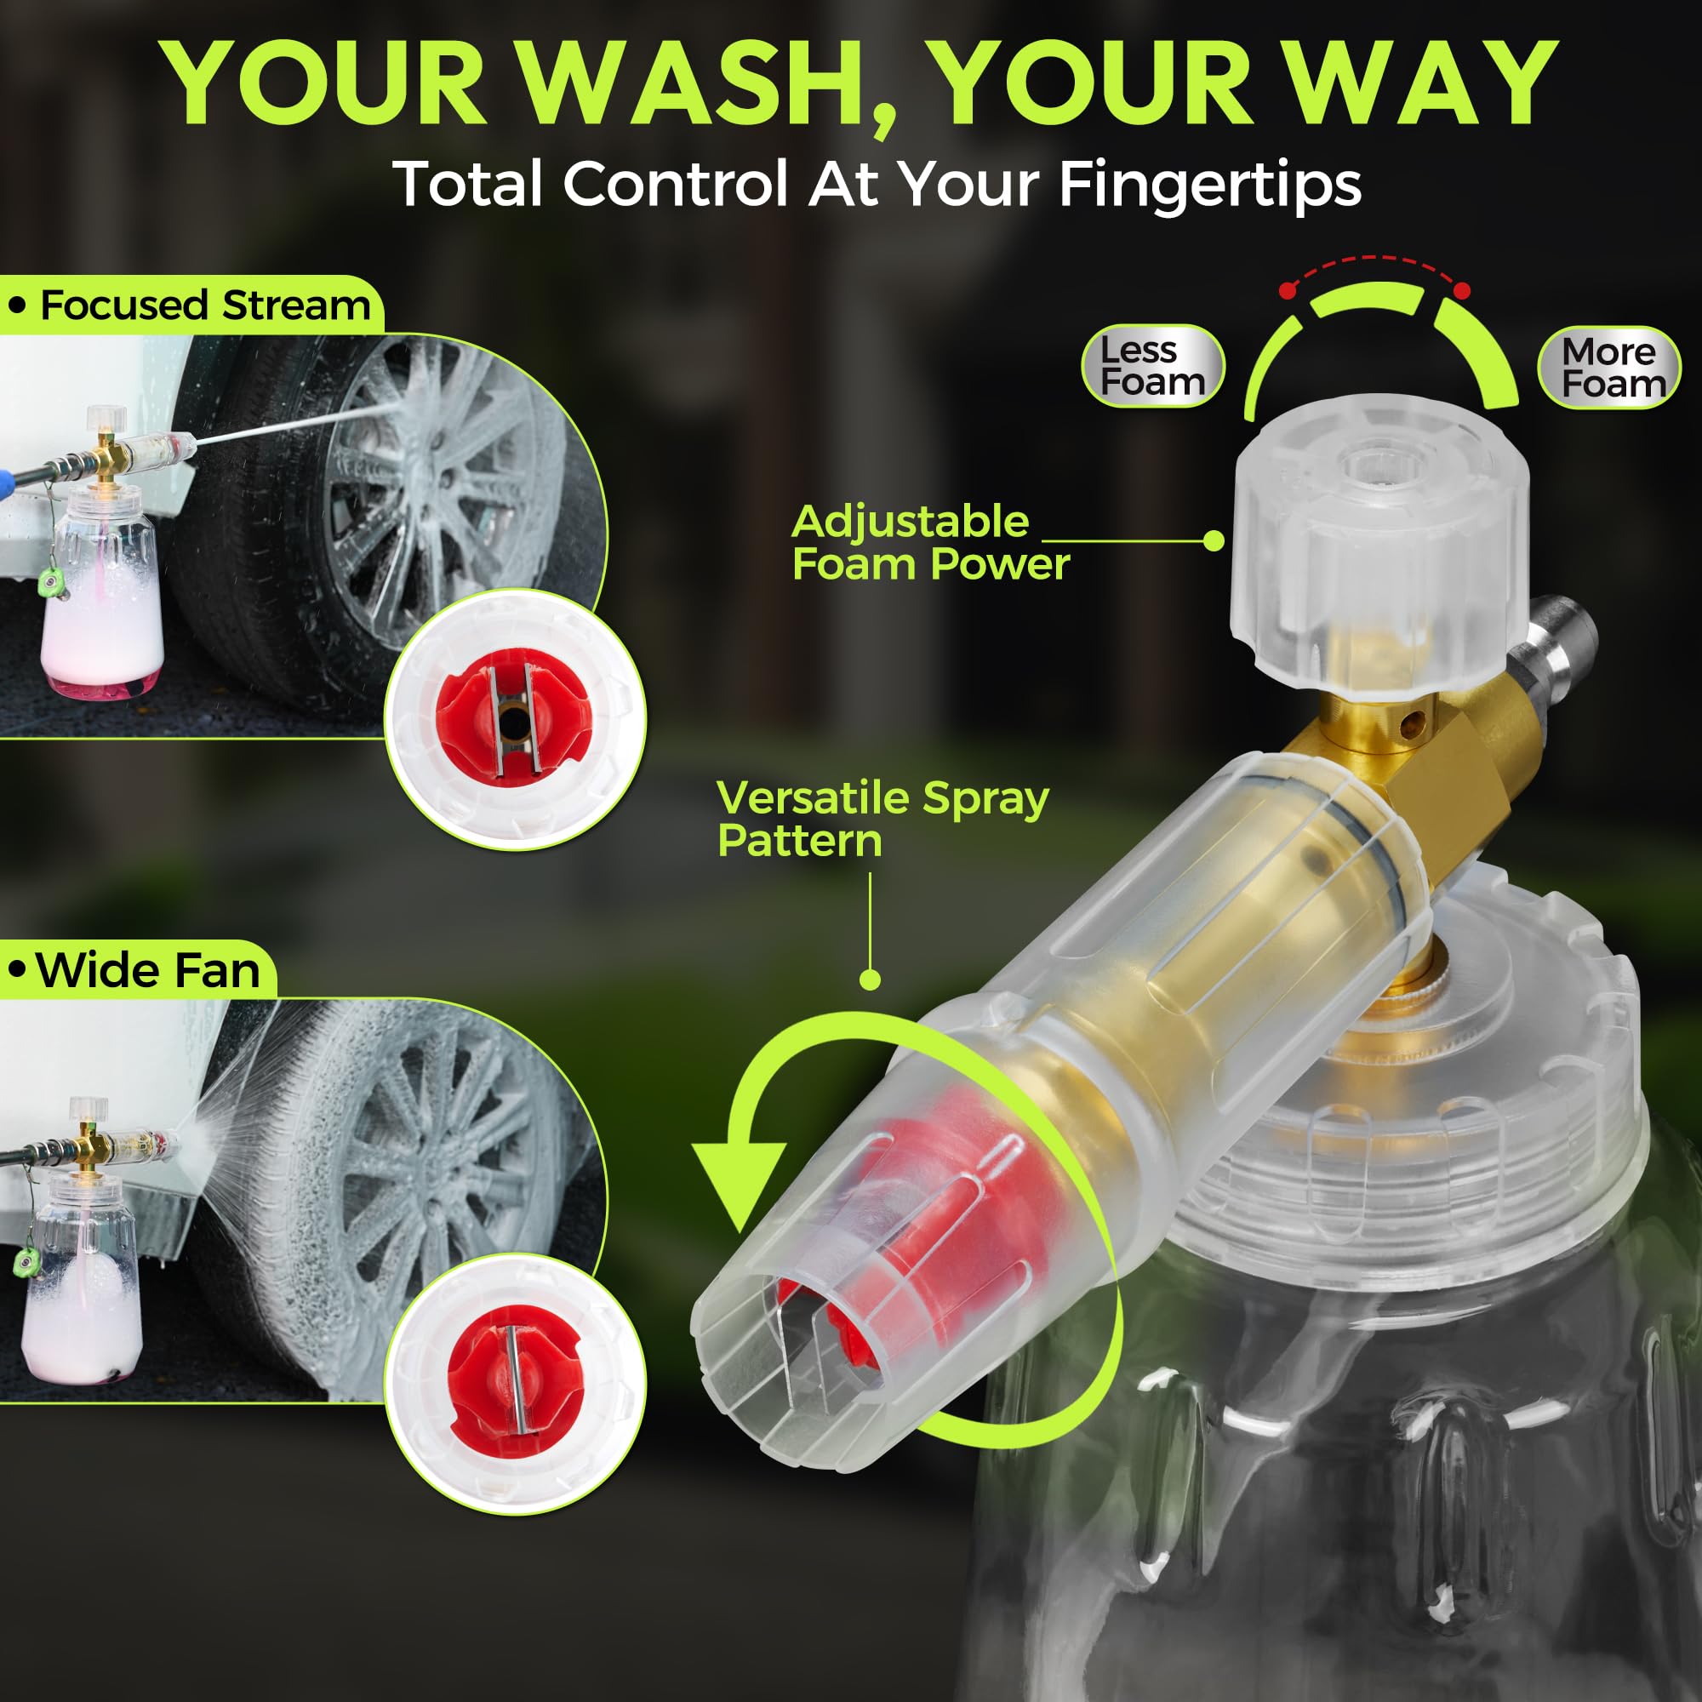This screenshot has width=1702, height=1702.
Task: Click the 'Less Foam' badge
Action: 1152,367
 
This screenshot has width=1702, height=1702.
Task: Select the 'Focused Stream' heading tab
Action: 192,306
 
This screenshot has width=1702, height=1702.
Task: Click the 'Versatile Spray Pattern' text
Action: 881,819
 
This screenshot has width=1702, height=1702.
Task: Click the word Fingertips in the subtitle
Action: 1208,184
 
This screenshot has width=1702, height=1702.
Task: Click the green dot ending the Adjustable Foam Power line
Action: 1213,541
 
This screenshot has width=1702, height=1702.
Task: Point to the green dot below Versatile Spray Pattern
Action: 870,980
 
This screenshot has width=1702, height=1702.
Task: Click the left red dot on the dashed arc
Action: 1288,290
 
